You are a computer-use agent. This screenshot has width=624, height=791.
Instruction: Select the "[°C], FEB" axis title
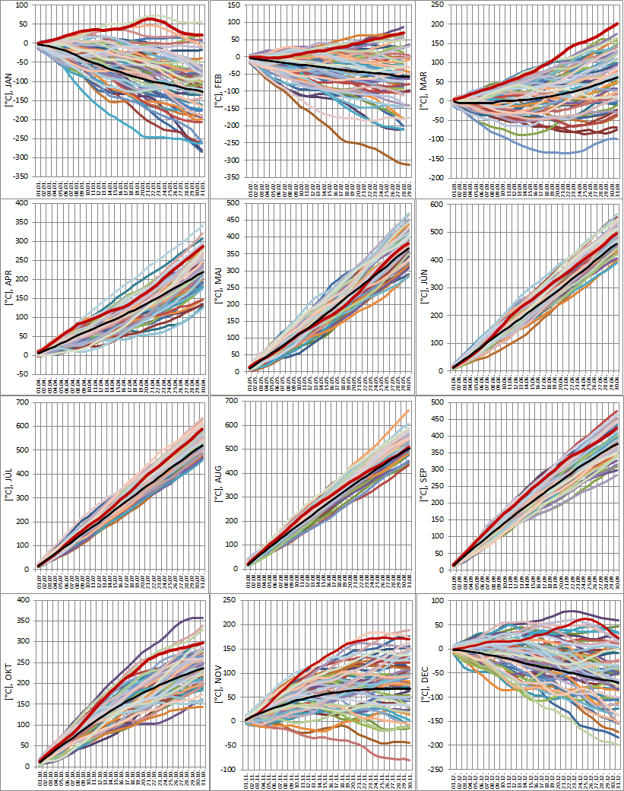coord(218,90)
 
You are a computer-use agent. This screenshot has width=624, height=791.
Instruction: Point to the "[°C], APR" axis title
coord(8,288)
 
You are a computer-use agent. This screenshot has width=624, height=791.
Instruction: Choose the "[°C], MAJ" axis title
coord(218,288)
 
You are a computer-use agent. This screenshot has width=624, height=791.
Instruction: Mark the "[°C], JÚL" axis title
coord(8,485)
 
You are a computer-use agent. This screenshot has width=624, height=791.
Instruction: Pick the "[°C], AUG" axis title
coord(218,485)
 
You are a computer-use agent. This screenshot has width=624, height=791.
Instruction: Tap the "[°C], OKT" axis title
coord(8,684)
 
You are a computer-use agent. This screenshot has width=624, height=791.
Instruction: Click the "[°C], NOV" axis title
coord(218,684)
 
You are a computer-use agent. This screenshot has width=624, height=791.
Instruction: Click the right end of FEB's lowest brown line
coord(410,164)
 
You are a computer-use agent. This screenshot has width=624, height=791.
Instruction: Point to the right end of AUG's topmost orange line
coord(410,411)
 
